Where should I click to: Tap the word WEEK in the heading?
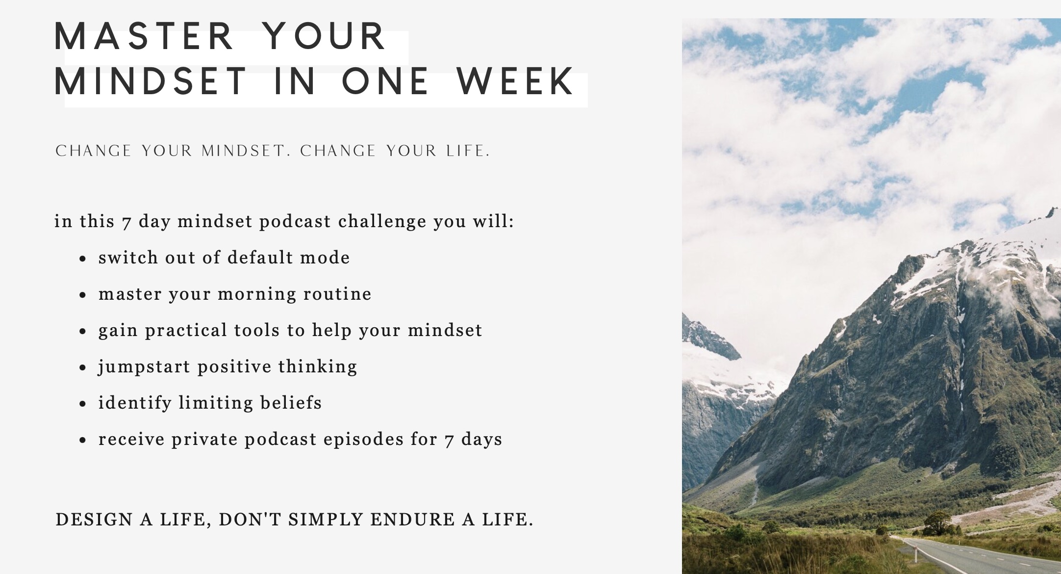[515, 81]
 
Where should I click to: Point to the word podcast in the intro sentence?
[295, 221]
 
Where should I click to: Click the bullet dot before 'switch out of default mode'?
[83, 259]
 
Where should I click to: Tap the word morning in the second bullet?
[257, 294]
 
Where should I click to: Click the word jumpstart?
[144, 367]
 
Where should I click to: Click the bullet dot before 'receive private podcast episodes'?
[83, 440]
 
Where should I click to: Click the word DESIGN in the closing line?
[94, 520]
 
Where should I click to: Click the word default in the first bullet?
[260, 258]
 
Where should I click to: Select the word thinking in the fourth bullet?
[318, 367]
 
